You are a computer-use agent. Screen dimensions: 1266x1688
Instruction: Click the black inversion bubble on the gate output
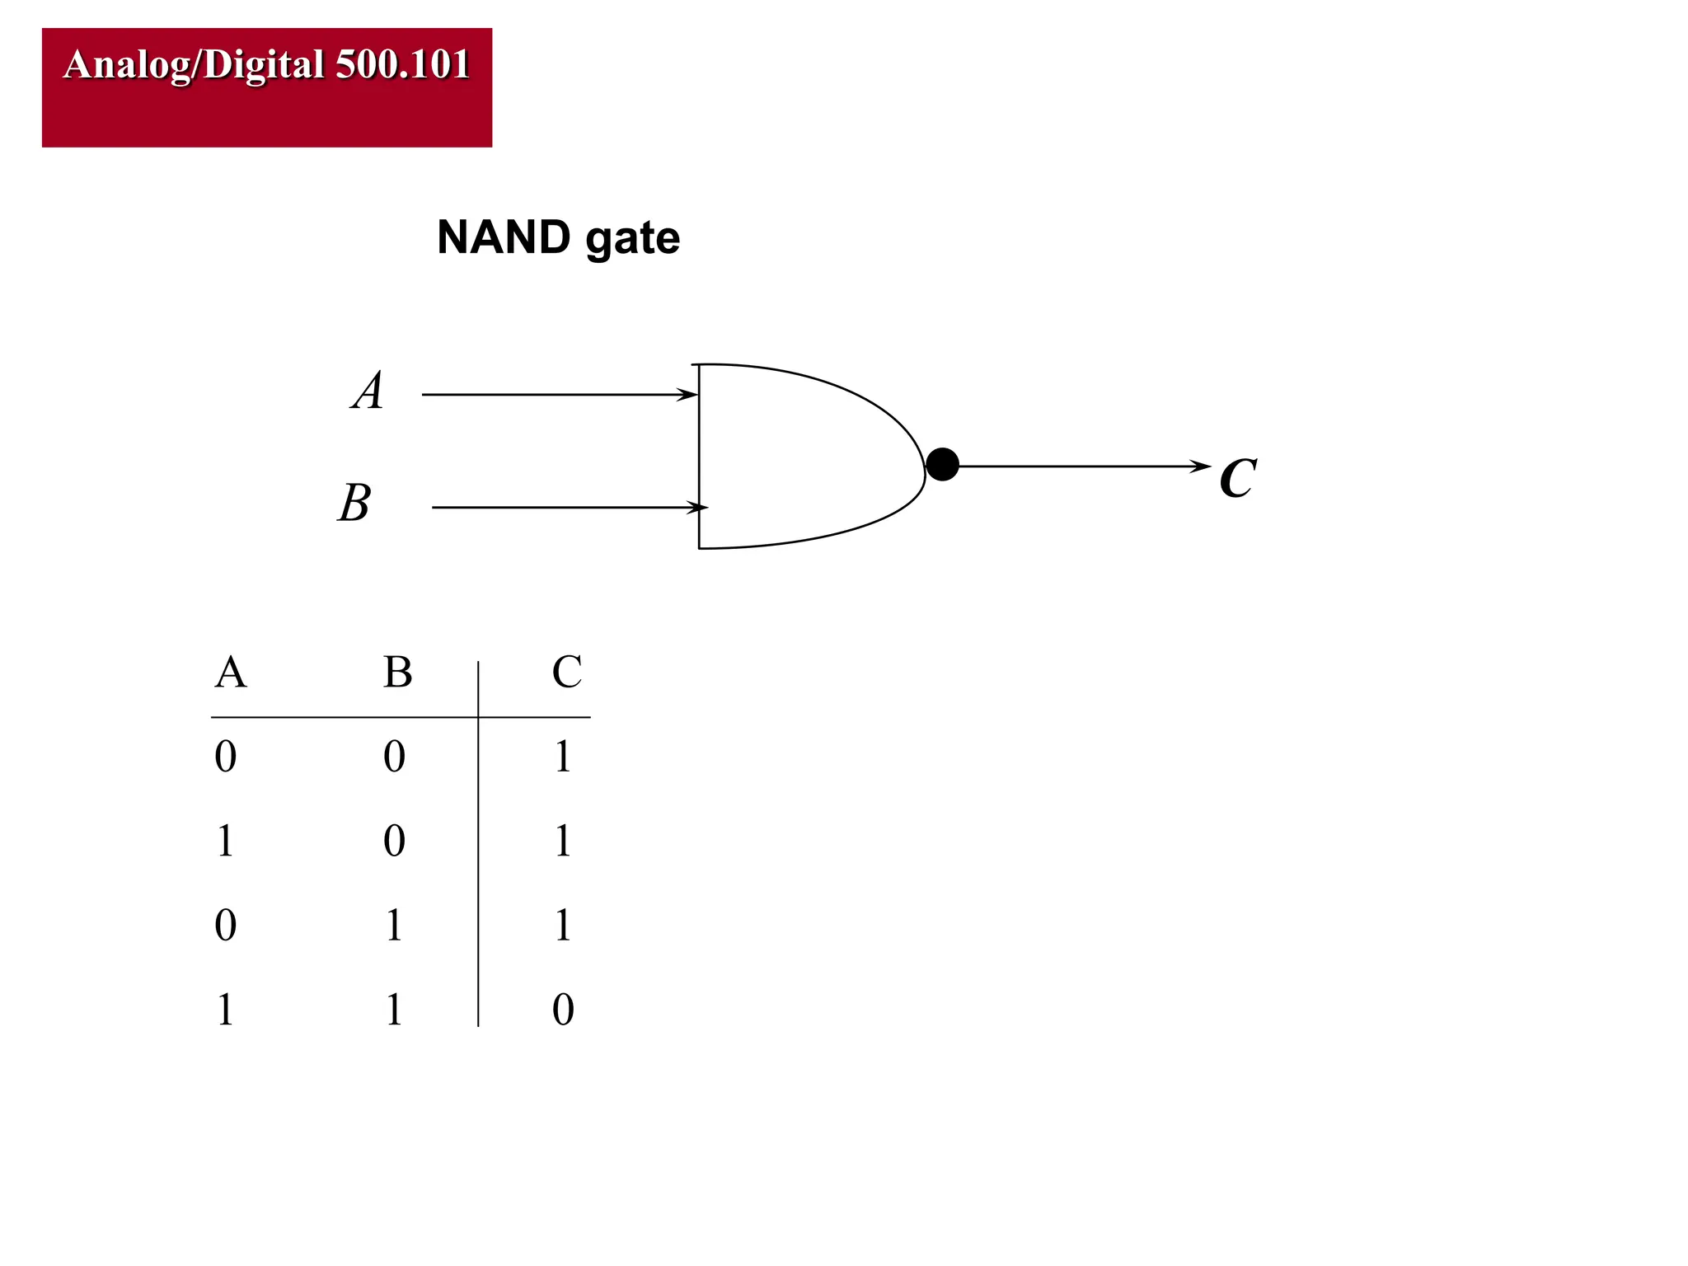tap(942, 465)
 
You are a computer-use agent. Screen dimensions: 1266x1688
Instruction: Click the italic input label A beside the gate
tap(368, 390)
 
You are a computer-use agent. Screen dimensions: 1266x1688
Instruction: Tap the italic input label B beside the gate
tap(355, 503)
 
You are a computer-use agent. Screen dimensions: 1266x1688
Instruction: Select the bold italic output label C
tap(1237, 478)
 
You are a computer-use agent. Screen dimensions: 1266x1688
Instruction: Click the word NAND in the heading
tap(504, 237)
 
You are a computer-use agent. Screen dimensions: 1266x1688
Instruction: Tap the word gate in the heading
tap(632, 239)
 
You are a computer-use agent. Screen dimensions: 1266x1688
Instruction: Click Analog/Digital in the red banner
tap(195, 64)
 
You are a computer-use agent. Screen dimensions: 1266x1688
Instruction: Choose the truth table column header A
tap(230, 672)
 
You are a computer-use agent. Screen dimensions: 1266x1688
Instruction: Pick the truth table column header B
tap(397, 672)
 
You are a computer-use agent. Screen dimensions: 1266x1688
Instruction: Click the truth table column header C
tap(566, 672)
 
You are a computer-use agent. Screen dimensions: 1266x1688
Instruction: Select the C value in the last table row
tap(563, 1010)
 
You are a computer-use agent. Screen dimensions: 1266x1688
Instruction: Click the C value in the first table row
tap(563, 756)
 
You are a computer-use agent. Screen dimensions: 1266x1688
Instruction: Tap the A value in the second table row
tap(225, 841)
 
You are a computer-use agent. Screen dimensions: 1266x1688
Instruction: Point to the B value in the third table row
tap(394, 925)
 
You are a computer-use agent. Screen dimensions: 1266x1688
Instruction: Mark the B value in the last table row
tap(394, 1010)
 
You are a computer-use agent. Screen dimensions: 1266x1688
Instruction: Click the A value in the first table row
tap(225, 756)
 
